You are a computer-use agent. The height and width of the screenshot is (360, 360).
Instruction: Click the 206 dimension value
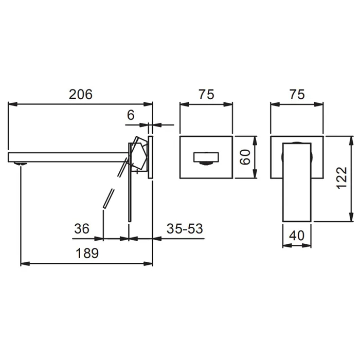(81, 94)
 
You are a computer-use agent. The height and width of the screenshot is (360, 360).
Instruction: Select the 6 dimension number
(131, 115)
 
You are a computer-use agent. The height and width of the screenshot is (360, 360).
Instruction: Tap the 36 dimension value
(81, 229)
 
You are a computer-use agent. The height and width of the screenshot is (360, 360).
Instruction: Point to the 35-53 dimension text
(185, 229)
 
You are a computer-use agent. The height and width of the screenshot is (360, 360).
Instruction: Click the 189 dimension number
(87, 253)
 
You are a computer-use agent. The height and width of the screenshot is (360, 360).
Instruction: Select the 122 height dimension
(341, 178)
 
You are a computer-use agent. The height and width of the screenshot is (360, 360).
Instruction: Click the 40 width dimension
(297, 236)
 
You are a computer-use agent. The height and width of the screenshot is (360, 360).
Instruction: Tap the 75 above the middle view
(206, 94)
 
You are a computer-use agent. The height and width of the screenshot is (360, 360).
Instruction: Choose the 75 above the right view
(297, 94)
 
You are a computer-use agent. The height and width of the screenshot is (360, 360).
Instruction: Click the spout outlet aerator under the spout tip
(21, 164)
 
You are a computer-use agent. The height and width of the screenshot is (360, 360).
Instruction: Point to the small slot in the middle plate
(206, 157)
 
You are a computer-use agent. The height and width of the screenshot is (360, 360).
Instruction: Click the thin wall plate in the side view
(150, 157)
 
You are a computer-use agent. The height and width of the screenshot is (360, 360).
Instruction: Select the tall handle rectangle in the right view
(297, 182)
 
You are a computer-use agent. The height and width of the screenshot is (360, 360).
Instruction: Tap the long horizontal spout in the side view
(68, 157)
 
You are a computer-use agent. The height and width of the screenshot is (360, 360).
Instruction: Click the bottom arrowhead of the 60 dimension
(255, 173)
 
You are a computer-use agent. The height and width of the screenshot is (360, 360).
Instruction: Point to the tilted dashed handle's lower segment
(108, 199)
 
